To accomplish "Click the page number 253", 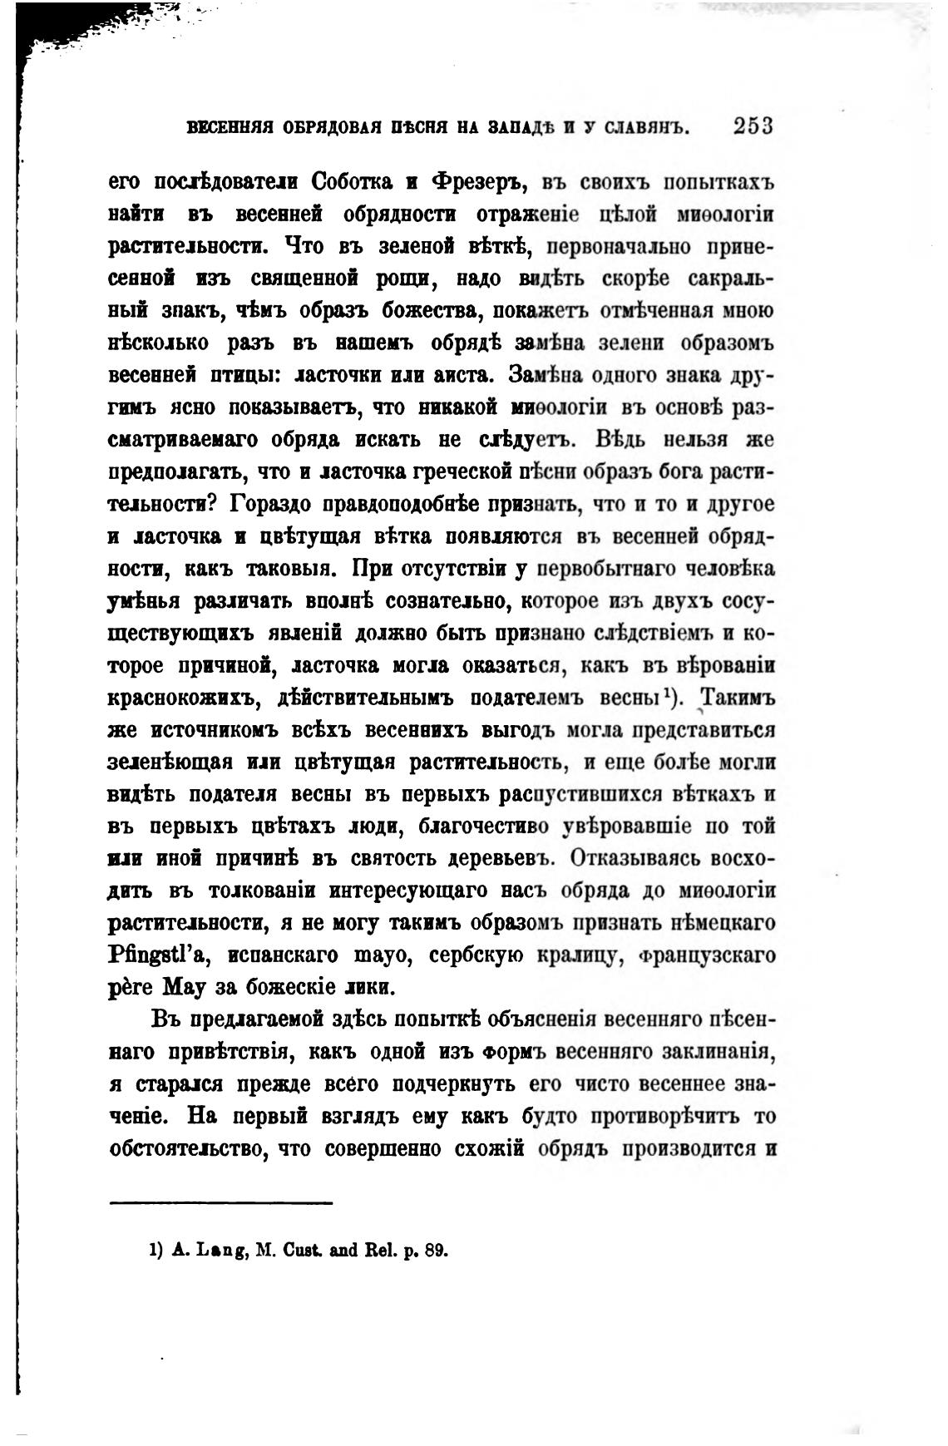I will click(x=753, y=127).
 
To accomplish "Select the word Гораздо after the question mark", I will click(x=275, y=504).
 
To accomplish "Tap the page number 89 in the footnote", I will click(x=436, y=1250).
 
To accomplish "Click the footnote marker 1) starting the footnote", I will click(x=156, y=1250).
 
